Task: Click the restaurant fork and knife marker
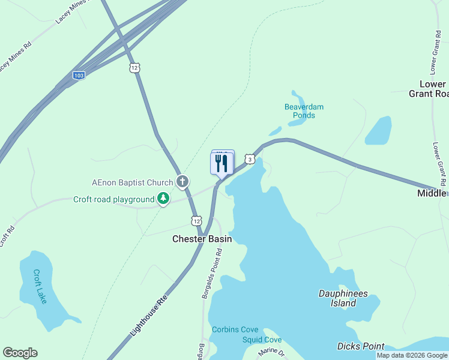(x=221, y=163)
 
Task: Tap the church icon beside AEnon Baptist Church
(x=183, y=181)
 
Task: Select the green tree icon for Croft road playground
(x=163, y=199)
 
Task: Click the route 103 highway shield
(x=79, y=75)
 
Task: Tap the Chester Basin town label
(x=202, y=239)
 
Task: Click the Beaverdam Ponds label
(x=304, y=111)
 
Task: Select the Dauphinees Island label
(x=343, y=298)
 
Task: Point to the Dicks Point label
(x=360, y=346)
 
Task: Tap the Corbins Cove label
(x=235, y=329)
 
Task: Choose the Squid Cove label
(x=262, y=340)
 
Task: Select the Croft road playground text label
(x=114, y=200)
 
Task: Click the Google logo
(x=20, y=353)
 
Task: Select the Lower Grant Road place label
(x=428, y=89)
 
